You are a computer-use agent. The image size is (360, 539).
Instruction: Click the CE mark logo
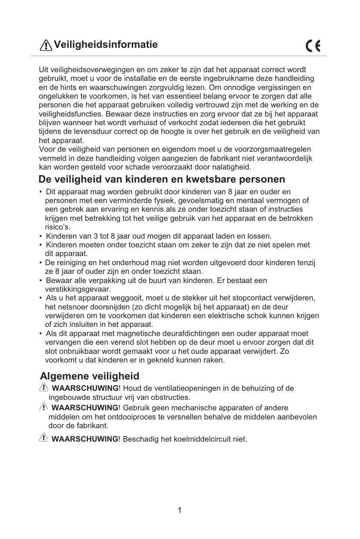(x=313, y=46)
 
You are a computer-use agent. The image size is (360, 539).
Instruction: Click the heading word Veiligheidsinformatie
(x=106, y=45)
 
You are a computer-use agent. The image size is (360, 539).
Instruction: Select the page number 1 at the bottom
(x=180, y=510)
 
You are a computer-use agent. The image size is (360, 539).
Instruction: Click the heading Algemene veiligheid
(x=90, y=376)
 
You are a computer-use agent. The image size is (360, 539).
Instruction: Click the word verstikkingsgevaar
(x=78, y=289)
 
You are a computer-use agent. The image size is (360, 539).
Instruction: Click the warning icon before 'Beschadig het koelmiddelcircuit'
(x=43, y=438)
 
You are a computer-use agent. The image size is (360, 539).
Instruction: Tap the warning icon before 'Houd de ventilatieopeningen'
(x=43, y=387)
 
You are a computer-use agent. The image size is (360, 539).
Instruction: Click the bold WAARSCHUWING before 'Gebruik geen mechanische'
(x=85, y=408)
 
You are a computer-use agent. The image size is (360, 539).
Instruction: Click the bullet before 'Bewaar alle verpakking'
(x=41, y=281)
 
